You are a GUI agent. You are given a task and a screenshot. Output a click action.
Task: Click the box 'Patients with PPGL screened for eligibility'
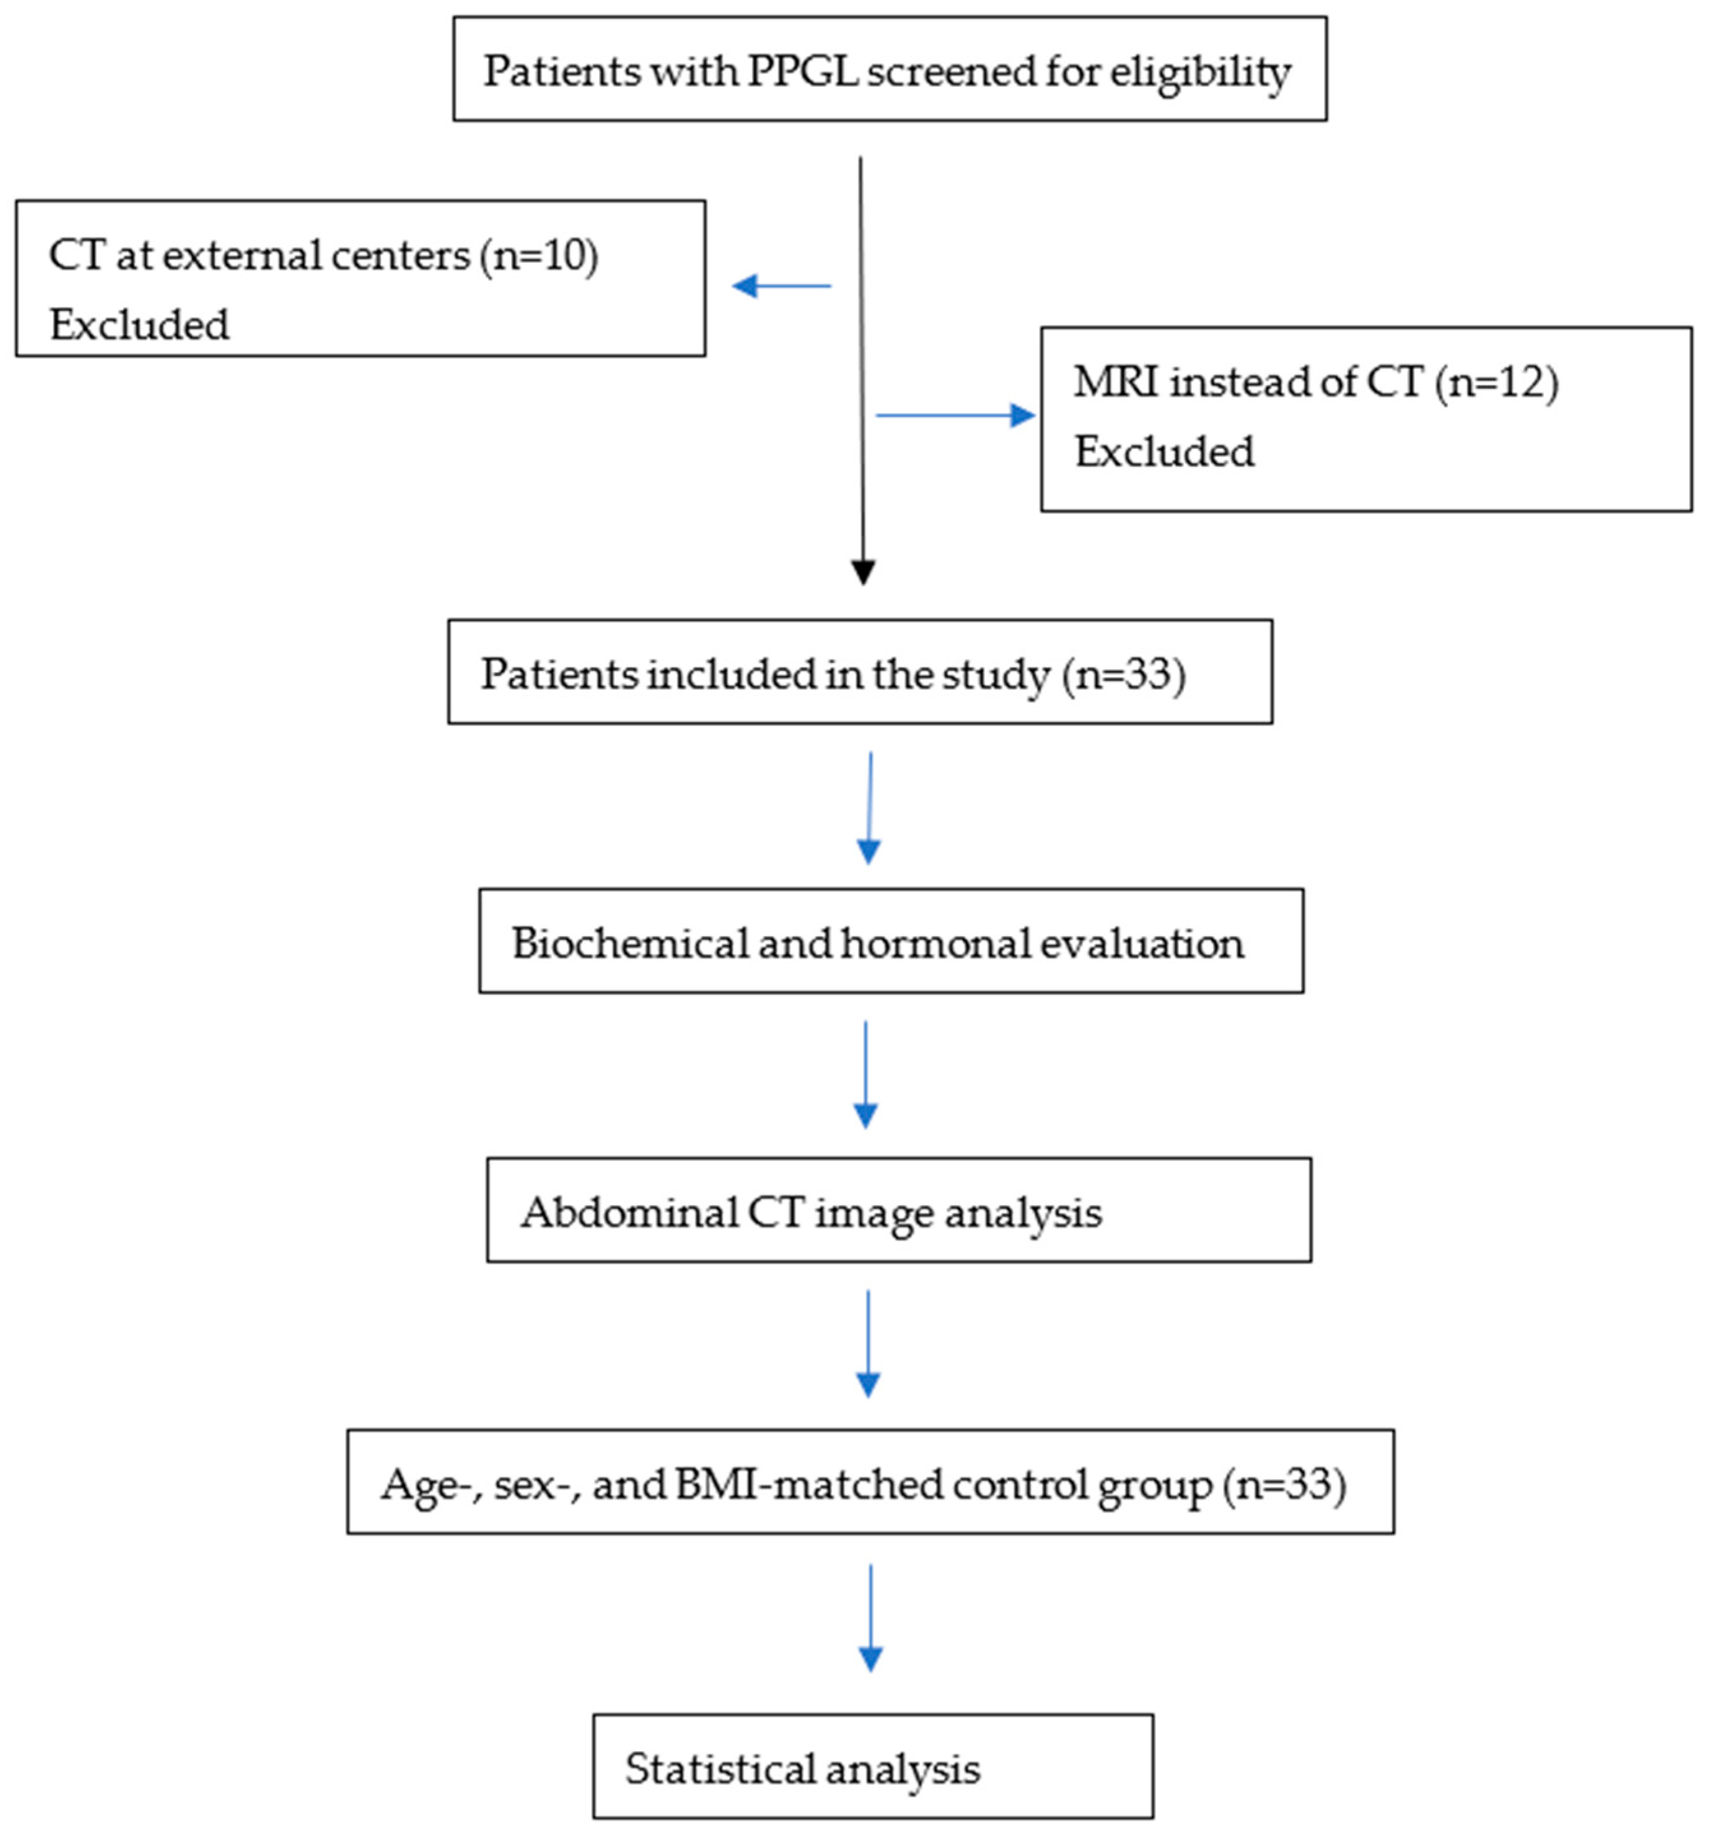point(889,68)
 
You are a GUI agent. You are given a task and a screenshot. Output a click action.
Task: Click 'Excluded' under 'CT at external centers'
point(140,325)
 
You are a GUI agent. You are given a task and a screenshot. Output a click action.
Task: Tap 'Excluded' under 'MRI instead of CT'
point(1164,452)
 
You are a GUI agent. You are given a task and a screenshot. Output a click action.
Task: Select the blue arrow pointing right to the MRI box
point(955,416)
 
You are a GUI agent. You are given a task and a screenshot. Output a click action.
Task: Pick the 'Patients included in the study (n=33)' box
point(859,672)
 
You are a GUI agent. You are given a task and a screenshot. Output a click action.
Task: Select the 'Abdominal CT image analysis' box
point(898,1210)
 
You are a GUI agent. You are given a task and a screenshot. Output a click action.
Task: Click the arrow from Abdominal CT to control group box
point(868,1345)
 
